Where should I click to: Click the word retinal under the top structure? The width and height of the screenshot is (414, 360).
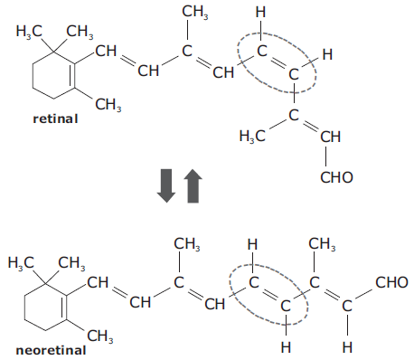55,118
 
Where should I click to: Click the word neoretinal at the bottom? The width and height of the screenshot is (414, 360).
51,350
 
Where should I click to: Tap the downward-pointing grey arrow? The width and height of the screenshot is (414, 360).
166,185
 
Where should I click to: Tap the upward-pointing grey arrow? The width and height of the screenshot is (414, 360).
193,185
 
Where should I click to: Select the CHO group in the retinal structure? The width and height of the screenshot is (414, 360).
336,177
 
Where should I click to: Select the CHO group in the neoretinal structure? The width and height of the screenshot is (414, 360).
391,282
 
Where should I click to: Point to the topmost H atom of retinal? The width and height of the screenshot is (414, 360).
260,13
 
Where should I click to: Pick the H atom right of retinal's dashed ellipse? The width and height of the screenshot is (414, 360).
327,55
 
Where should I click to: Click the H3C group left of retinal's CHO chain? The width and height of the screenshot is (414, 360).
252,136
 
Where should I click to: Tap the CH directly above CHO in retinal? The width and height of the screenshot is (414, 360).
330,137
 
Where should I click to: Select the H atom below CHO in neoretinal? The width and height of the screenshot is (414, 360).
347,347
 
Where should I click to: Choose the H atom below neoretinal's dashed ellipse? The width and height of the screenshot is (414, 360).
286,347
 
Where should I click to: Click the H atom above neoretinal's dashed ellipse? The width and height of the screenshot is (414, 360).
252,244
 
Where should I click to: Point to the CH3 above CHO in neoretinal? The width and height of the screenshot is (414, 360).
322,244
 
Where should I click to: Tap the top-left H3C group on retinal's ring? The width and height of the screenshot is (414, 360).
29,32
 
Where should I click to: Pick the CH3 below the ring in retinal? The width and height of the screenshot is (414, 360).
108,105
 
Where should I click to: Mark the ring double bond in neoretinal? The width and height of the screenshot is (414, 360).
64,307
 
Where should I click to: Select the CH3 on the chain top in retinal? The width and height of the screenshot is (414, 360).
195,13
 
